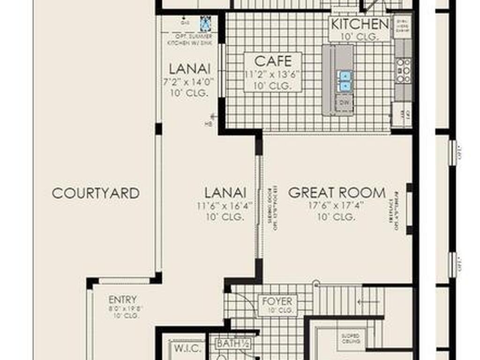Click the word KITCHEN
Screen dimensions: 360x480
coord(360,24)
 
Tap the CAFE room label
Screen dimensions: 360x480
coord(273,61)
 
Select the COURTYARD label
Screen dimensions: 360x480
coord(96,193)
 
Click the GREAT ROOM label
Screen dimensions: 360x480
coord(337,193)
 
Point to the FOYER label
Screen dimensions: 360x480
coord(277,301)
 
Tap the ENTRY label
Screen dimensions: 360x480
coord(122,300)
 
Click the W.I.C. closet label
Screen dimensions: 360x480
coord(188,349)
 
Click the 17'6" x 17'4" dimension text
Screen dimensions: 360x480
coord(336,205)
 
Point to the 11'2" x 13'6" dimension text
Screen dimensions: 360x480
coord(273,74)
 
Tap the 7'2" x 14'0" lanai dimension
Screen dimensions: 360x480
coord(189,81)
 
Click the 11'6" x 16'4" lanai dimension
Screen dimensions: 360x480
coord(225,205)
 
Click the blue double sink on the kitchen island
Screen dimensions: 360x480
coord(345,81)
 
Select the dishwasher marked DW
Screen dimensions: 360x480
coord(345,102)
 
